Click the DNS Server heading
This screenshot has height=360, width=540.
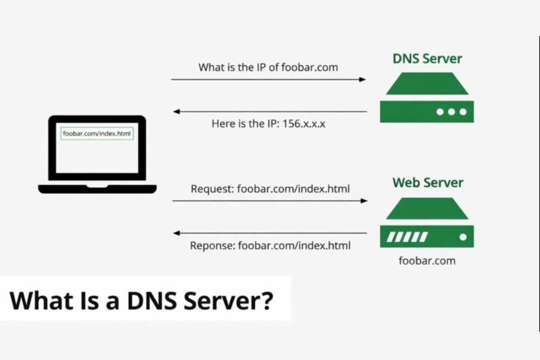(427, 59)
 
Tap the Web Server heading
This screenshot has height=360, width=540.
(427, 183)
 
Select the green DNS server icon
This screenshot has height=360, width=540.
(427, 98)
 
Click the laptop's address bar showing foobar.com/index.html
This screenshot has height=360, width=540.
(97, 134)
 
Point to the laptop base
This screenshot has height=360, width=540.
(97, 188)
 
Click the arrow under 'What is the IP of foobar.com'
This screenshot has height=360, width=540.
(268, 80)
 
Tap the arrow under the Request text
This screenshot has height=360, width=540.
(269, 201)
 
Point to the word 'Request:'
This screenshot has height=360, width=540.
(213, 189)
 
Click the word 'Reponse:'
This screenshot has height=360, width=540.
(213, 245)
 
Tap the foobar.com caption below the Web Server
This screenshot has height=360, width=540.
(427, 260)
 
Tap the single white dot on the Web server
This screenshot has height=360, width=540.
(462, 237)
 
